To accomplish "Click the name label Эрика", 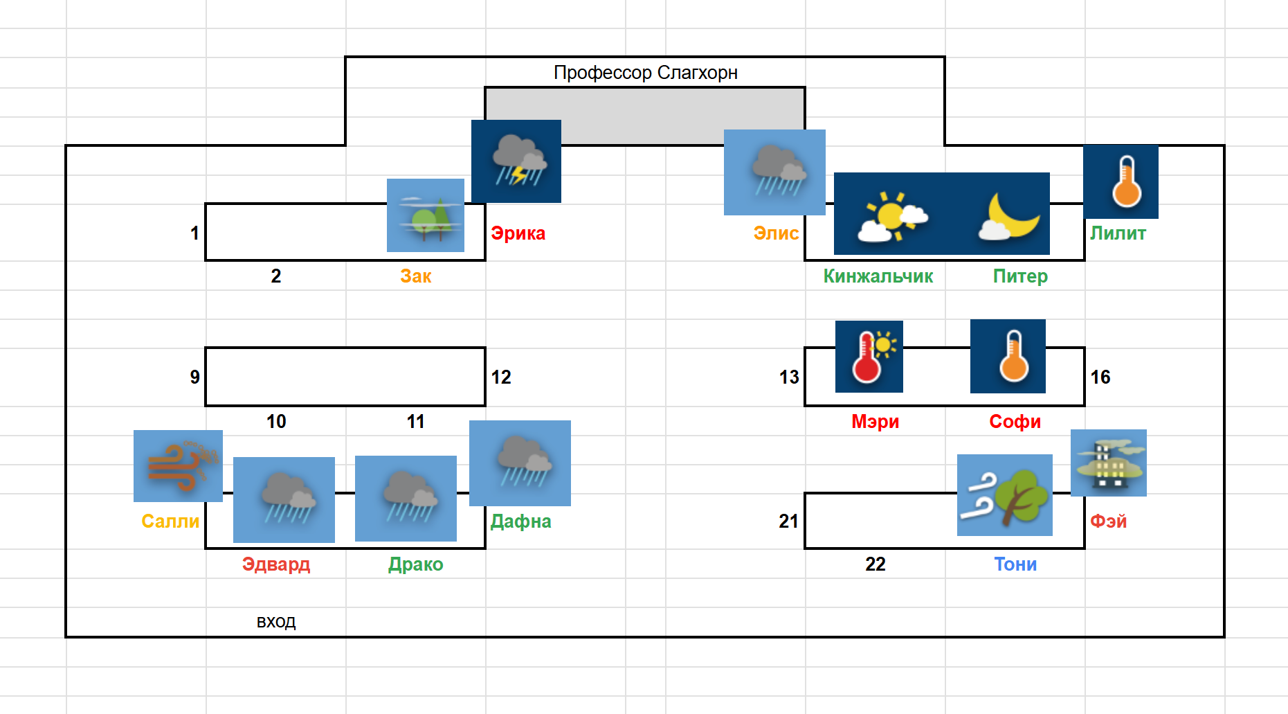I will (518, 233).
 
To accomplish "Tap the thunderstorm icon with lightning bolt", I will (516, 161).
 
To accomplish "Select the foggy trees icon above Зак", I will (426, 215).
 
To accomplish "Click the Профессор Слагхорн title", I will (645, 73).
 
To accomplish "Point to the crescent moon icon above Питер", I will (1009, 215).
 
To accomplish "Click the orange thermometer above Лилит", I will (1121, 182).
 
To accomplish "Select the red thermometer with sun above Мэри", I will (869, 357).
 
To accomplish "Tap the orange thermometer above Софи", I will (1008, 357).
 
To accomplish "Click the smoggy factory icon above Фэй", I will (1109, 463).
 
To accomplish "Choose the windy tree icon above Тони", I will (1005, 495).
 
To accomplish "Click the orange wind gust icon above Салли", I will (179, 465).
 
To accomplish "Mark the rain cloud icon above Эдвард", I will (284, 500).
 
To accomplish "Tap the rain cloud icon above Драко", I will (406, 499).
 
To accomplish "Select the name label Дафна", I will (520, 521).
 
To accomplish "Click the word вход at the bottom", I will (276, 622).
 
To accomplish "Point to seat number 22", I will (876, 564).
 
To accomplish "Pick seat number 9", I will (195, 377).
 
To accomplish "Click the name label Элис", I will (776, 233).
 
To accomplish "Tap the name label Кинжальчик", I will (878, 276).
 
